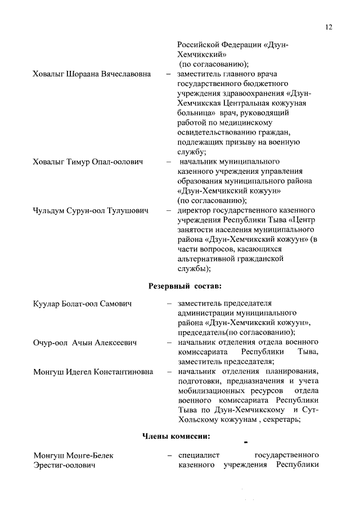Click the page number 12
pyautogui.click(x=329, y=27)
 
